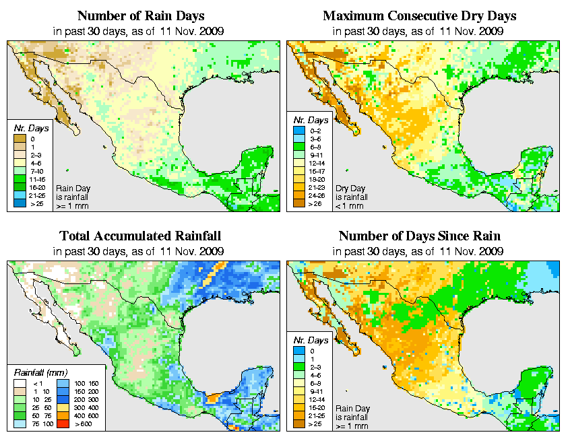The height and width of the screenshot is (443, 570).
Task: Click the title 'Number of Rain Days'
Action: point(140,15)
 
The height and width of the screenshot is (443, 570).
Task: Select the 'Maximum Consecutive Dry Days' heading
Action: point(419,15)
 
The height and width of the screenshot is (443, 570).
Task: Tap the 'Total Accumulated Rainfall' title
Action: point(140,236)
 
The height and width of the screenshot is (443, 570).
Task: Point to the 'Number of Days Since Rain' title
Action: point(419,236)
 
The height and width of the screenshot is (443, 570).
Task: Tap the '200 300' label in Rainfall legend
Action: point(87,399)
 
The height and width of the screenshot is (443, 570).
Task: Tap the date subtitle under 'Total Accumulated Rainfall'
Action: point(140,251)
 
